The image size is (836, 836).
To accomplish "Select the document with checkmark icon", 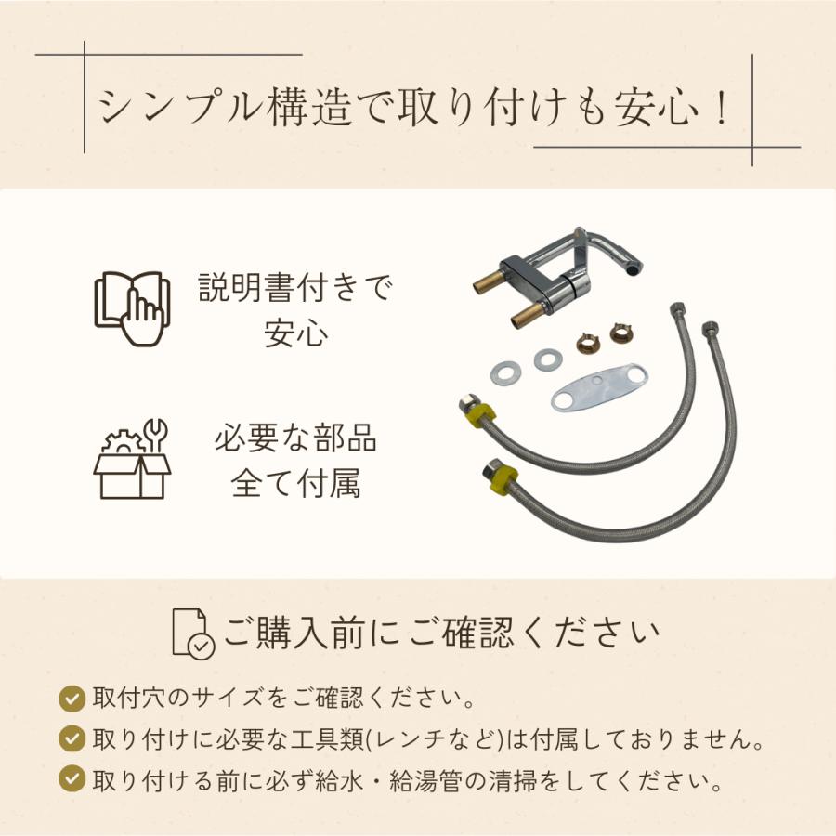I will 192,634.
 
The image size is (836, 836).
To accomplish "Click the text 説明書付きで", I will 295,289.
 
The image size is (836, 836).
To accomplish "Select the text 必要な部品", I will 295,438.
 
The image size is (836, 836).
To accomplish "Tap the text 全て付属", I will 295,485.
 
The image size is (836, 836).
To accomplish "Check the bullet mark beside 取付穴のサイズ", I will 70,698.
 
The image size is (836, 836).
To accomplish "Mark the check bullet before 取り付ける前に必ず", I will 70,778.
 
